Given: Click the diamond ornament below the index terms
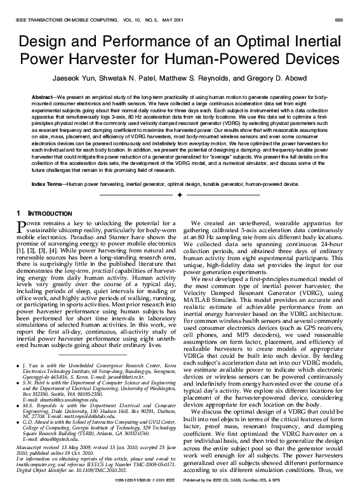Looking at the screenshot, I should [180, 193].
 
